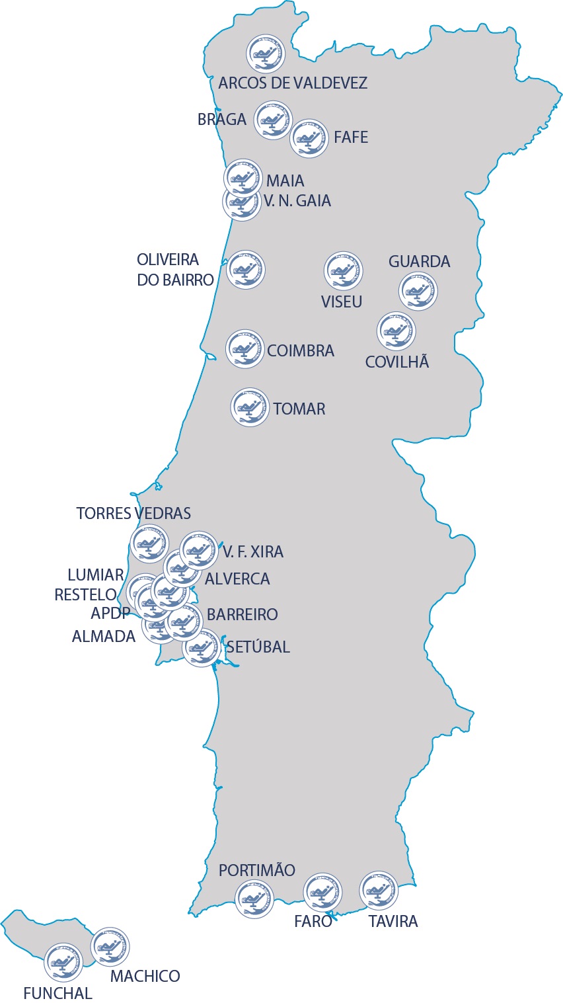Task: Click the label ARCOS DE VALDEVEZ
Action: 293,83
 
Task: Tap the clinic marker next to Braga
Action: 274,120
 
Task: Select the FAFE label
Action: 351,138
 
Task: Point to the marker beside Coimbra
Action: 245,349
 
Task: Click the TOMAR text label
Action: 299,409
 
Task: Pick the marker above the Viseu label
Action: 344,270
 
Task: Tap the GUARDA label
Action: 419,262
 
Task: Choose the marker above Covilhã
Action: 396,331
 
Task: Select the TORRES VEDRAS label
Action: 133,514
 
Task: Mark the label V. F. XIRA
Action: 253,552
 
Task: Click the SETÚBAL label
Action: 258,647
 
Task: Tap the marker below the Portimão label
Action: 254,899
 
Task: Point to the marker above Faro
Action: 322,892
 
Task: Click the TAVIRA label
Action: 393,922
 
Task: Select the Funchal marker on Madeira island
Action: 63,962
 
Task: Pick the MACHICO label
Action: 145,977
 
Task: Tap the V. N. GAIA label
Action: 297,201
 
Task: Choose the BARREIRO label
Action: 242,615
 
